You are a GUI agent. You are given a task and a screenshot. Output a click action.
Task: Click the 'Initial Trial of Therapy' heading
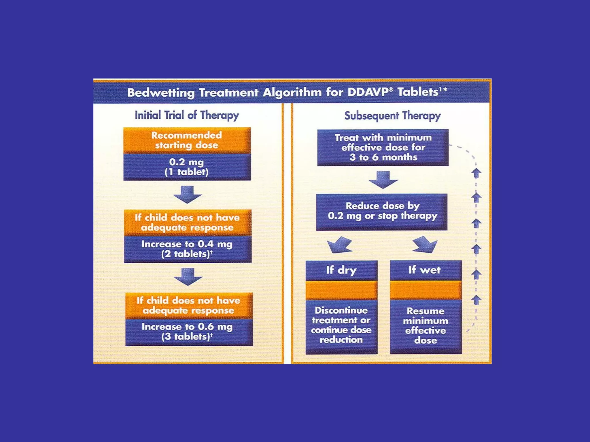pyautogui.click(x=187, y=115)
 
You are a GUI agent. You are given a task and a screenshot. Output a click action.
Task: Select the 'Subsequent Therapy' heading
pyautogui.click(x=392, y=116)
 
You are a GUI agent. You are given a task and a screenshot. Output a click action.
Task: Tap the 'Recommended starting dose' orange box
pyautogui.click(x=187, y=140)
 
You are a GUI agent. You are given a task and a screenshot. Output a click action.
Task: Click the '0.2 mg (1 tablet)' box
pyautogui.click(x=187, y=167)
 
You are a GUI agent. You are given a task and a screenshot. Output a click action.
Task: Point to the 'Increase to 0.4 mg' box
pyautogui.click(x=188, y=249)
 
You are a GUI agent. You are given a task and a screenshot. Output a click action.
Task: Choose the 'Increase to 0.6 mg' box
pyautogui.click(x=189, y=332)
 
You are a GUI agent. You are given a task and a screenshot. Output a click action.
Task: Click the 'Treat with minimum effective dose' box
pyautogui.click(x=383, y=147)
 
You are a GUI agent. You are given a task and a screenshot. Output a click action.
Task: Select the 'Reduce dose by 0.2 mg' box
pyautogui.click(x=382, y=212)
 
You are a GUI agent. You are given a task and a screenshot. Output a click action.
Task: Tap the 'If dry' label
pyautogui.click(x=341, y=270)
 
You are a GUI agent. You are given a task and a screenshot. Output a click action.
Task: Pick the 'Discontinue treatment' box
pyautogui.click(x=341, y=325)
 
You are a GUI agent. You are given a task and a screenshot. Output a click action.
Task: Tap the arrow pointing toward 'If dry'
pyautogui.click(x=340, y=245)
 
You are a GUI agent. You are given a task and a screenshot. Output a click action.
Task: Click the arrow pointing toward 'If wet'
pyautogui.click(x=425, y=244)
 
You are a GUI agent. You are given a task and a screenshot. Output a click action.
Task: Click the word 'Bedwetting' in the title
pyautogui.click(x=161, y=93)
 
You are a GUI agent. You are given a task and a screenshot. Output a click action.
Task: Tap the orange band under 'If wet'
pyautogui.click(x=426, y=290)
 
